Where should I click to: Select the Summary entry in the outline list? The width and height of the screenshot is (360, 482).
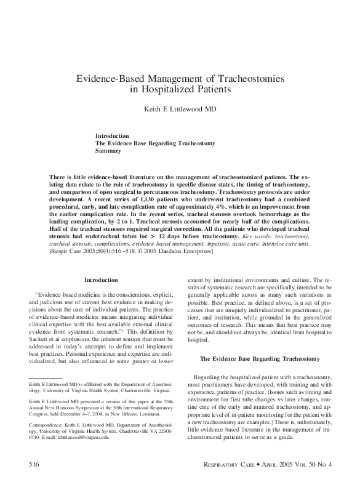point(108,151)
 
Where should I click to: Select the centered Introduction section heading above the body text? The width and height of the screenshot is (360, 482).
point(101,280)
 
